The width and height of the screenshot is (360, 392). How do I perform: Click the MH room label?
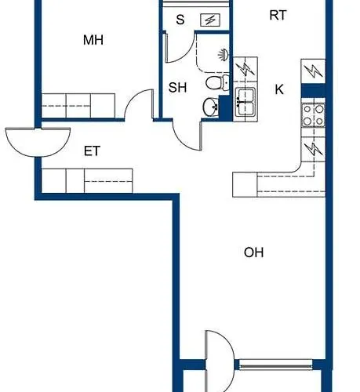[93, 40]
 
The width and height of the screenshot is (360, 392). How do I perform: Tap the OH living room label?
[253, 252]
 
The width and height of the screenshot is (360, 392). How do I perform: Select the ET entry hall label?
[92, 151]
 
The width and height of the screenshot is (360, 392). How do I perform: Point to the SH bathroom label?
[177, 88]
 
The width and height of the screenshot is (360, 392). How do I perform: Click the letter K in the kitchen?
[279, 89]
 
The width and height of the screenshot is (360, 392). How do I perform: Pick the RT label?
[278, 15]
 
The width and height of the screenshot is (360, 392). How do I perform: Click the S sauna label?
[180, 20]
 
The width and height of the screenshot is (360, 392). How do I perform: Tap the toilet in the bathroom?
[217, 82]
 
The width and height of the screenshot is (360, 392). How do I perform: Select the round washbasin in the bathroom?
[211, 107]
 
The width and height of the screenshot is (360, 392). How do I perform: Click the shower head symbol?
[224, 55]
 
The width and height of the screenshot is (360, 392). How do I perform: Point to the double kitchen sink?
[245, 102]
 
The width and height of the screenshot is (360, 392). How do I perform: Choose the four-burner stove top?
[313, 115]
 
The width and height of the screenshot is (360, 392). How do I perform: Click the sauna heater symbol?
[210, 20]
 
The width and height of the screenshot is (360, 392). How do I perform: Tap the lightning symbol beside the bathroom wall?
[245, 69]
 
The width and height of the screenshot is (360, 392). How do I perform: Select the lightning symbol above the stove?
[313, 71]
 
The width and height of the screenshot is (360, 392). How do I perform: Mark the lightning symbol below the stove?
[314, 150]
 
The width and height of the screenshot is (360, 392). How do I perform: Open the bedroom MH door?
[139, 104]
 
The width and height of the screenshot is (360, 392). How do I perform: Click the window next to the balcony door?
[276, 365]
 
